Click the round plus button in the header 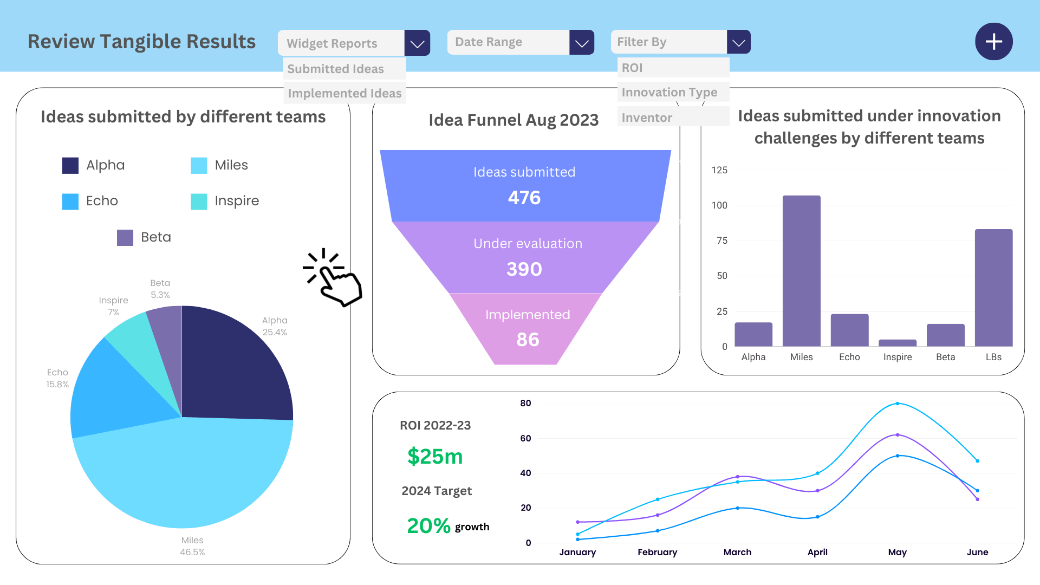point(993,42)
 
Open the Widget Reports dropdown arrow point(417,43)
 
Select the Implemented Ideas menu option point(344,93)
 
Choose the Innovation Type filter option point(669,92)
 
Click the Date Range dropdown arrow point(582,42)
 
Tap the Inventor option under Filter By point(647,118)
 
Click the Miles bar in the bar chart point(801,271)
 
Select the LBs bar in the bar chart point(993,288)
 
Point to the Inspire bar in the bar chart point(898,343)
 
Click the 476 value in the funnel point(524,198)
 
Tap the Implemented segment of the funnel point(527,328)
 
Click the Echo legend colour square point(70,201)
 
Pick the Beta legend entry point(144,237)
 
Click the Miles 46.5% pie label point(192,546)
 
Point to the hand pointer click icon point(333,277)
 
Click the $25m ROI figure point(435,456)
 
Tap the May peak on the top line point(898,404)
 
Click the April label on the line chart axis point(817,552)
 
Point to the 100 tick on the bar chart point(719,205)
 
